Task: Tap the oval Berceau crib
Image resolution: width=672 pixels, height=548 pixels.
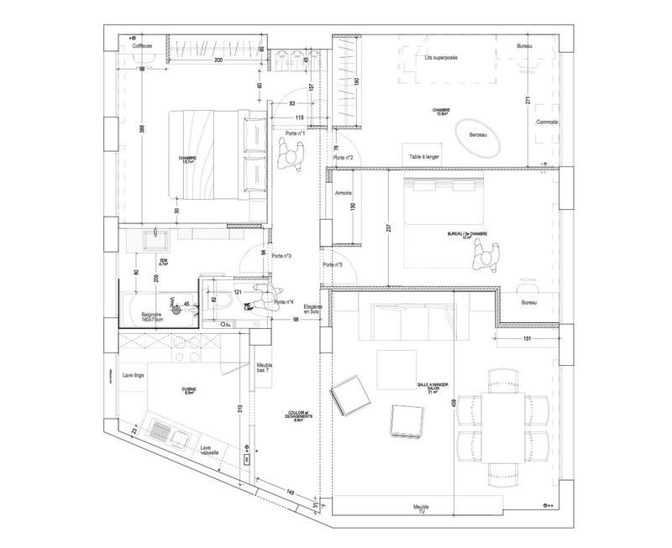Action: (x=478, y=137)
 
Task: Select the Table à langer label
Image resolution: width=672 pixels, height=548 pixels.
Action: (x=425, y=157)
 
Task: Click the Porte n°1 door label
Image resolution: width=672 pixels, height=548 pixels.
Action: (x=294, y=133)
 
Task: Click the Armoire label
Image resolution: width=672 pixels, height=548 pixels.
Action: (x=342, y=192)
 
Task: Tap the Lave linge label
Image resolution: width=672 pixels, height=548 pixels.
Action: (x=134, y=375)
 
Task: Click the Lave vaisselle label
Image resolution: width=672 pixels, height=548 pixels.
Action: (x=209, y=452)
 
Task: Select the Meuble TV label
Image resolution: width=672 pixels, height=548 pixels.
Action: (x=421, y=509)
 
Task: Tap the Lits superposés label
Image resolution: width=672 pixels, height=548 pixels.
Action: (x=443, y=58)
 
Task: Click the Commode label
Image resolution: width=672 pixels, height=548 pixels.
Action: (x=547, y=122)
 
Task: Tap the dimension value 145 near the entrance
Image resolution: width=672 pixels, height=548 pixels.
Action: (x=288, y=491)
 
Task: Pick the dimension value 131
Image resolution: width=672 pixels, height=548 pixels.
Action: (x=527, y=339)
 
